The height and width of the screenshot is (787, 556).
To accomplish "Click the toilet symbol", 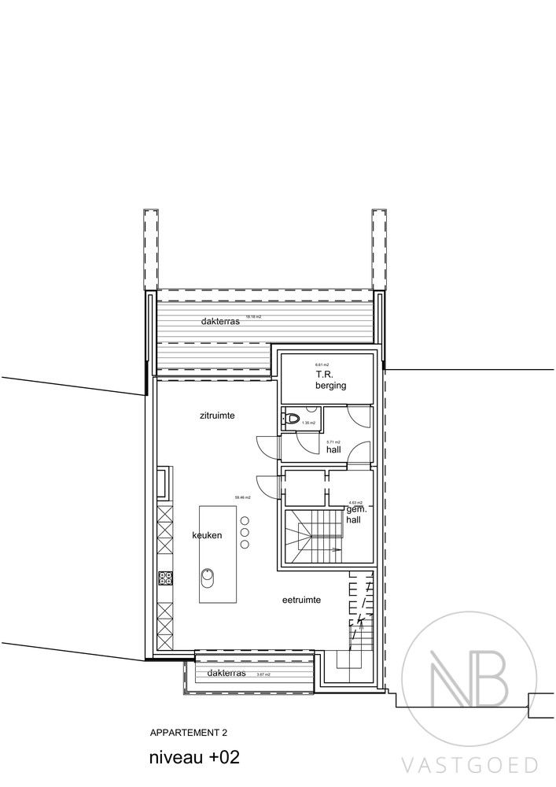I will [x=293, y=418].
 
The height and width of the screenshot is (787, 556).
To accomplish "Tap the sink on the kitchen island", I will [x=208, y=578].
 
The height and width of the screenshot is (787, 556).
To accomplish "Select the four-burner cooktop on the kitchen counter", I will [x=165, y=578].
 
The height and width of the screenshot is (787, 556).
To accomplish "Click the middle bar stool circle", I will [x=245, y=533].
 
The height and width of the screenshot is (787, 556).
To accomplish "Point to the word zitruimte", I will [x=219, y=415].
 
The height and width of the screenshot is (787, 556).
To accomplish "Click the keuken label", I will [x=207, y=535].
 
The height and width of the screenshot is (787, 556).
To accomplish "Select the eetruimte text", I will [x=301, y=600].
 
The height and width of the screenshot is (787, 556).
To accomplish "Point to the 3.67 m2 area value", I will [x=263, y=674].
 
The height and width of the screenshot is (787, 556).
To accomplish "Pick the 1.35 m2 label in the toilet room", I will [x=308, y=423].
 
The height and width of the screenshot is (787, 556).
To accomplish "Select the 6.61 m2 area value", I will [x=321, y=365].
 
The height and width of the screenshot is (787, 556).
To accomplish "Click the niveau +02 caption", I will [x=193, y=758].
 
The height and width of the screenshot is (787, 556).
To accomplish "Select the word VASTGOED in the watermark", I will [x=470, y=764].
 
